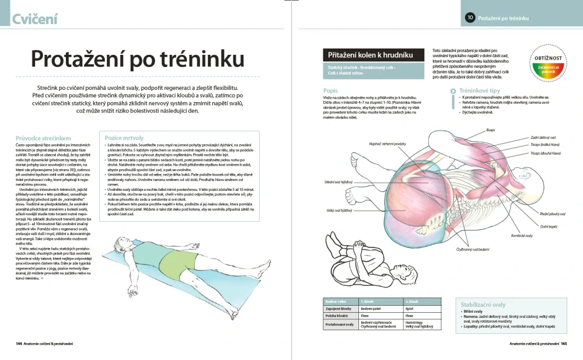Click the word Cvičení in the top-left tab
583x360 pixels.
click(x=35, y=19)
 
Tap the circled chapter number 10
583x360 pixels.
click(x=470, y=18)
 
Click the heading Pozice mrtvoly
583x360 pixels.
click(x=124, y=138)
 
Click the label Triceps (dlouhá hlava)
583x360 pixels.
click(x=545, y=153)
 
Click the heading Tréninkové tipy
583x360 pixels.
click(x=480, y=91)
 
